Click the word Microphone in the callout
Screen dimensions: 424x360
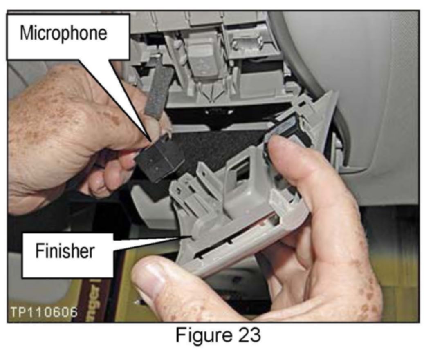pyautogui.click(x=63, y=33)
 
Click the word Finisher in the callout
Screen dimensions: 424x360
pyautogui.click(x=65, y=251)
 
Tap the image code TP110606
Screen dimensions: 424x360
pyautogui.click(x=44, y=312)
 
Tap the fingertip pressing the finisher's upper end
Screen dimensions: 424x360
pyautogui.click(x=278, y=146)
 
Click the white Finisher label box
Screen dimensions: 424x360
pyautogui.click(x=67, y=255)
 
